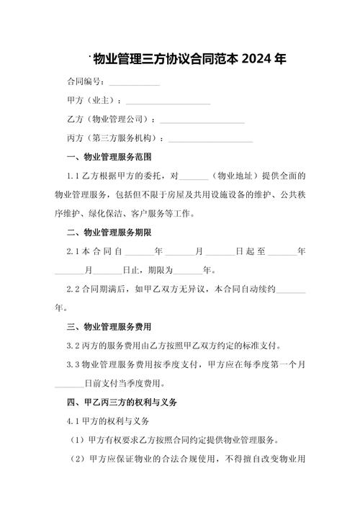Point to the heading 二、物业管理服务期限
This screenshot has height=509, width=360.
pyautogui.click(x=108, y=233)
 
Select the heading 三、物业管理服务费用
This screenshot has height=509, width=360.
pyautogui.click(x=108, y=326)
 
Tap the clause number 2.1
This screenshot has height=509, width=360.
pyautogui.click(x=72, y=252)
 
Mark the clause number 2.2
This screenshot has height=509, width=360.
pyautogui.click(x=72, y=289)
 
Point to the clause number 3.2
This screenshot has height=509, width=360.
pyautogui.click(x=72, y=346)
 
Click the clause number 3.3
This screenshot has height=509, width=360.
pyautogui.click(x=72, y=364)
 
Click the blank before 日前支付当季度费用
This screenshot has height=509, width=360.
pyautogui.click(x=68, y=383)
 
